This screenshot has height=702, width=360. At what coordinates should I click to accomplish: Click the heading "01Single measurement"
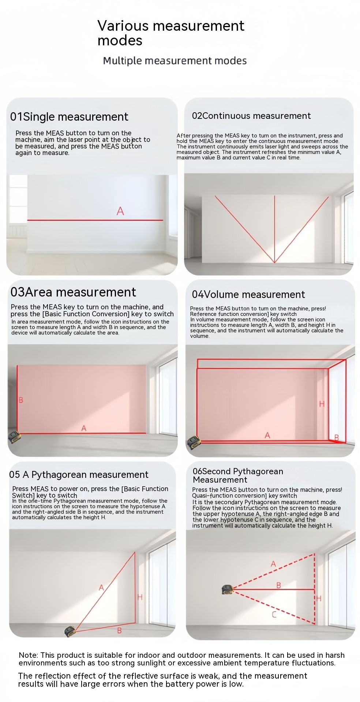[x=69, y=117]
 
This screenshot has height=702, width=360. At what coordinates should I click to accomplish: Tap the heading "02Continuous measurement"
[x=251, y=116]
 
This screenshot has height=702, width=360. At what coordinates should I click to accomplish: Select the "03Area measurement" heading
[x=73, y=292]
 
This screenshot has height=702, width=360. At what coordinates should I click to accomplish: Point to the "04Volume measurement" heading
[x=248, y=294]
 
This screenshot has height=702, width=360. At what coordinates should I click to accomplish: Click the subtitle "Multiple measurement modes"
[x=175, y=61]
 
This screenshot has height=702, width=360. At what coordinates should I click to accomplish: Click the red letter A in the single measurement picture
[x=120, y=211]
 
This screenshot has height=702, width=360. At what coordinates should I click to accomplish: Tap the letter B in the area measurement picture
[x=21, y=400]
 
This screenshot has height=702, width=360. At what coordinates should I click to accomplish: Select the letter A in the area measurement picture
[x=84, y=428]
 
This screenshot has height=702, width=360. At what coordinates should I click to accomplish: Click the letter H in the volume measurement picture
[x=322, y=404]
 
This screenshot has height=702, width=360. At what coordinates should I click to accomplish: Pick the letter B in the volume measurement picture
[x=337, y=438]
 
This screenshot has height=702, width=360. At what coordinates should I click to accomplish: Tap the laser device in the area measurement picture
[x=14, y=437]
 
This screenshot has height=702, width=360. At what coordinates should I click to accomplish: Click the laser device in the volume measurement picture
[x=194, y=442]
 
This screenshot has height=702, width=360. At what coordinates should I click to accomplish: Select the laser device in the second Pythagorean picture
[x=227, y=589]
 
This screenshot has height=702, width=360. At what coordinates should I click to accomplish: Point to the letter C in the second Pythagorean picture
[x=274, y=615]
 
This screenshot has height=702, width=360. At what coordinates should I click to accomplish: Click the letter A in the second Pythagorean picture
[x=273, y=564]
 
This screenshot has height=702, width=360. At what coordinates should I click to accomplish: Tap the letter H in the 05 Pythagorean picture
[x=140, y=597]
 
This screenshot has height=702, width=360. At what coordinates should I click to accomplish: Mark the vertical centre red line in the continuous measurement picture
[x=275, y=229]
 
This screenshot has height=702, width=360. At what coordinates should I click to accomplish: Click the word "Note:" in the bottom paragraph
[x=28, y=655]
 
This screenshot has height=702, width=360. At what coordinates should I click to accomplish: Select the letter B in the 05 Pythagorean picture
[x=119, y=630]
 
